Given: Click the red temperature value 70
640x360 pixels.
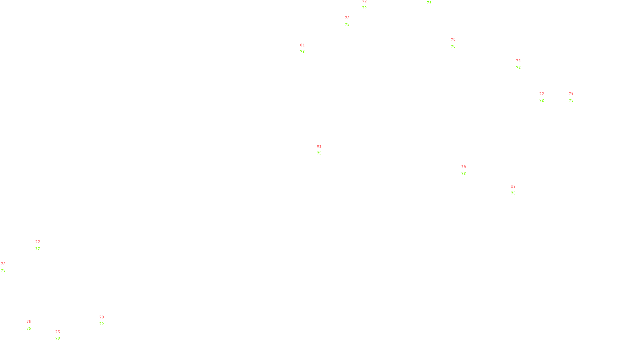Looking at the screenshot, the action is pos(453,40).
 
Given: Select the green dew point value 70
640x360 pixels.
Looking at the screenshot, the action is pos(453,46).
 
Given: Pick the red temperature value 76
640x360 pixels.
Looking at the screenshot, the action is pos(571,94).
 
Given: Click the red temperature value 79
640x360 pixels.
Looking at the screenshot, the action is pos(464,167).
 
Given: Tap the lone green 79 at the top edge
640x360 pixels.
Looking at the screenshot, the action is pos(429,3).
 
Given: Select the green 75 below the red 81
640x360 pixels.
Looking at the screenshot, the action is pos(319,153).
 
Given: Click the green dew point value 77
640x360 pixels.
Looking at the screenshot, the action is pos(38,249).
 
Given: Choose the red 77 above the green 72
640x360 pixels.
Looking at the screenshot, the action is pos(542,94).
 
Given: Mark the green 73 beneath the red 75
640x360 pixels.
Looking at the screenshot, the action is pos(58,338).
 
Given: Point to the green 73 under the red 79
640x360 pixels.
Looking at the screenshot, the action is pos(464,174).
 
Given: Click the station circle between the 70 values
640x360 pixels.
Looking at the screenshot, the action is pos(457,43).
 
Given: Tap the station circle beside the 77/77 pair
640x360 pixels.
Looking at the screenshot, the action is pos(41,246).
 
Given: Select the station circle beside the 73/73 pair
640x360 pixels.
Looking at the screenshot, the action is pos(7,267).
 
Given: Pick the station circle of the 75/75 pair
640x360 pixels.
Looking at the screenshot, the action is pos(33,325).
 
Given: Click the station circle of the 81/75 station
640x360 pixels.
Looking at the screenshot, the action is pos(323,150).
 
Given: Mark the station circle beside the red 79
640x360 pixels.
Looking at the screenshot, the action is pos(467,170).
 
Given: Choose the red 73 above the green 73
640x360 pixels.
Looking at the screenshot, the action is pos(3,264).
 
